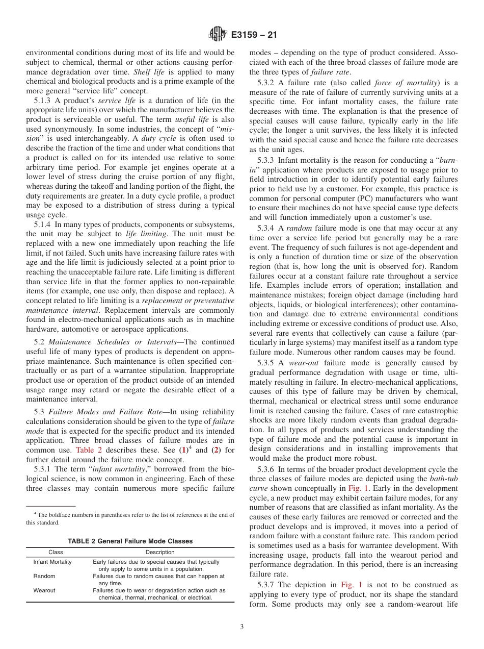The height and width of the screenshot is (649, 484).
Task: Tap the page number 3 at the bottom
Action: point(241,627)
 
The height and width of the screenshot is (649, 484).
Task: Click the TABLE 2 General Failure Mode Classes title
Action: point(130,541)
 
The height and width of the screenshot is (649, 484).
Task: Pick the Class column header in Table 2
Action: point(56,552)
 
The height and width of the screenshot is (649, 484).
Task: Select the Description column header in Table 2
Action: point(159,552)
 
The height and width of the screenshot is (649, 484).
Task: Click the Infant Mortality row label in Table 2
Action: point(52,562)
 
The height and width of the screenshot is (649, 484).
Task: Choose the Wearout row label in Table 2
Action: point(44,590)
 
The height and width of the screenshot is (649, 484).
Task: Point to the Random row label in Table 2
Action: point(44,576)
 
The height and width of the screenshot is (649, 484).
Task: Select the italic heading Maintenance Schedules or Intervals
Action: point(114,342)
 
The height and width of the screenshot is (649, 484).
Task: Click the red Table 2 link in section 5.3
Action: point(88,450)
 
